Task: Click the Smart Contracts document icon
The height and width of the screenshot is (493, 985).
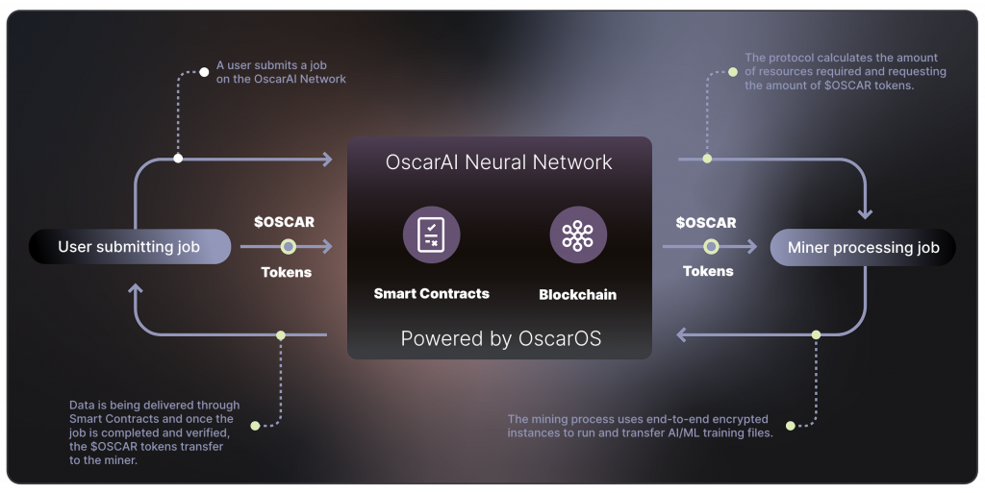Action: pyautogui.click(x=431, y=234)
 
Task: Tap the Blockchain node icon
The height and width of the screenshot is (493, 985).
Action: pyautogui.click(x=577, y=234)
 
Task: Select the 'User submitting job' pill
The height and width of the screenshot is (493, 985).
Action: pyautogui.click(x=130, y=247)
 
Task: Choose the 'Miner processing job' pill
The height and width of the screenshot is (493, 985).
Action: pyautogui.click(x=863, y=247)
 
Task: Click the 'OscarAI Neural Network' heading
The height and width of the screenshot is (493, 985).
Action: pyautogui.click(x=498, y=161)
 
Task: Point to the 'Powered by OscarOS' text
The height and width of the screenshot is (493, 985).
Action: pyautogui.click(x=500, y=338)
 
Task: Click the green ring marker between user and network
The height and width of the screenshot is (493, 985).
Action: pyautogui.click(x=287, y=247)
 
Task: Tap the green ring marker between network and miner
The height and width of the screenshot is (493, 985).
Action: pyautogui.click(x=710, y=247)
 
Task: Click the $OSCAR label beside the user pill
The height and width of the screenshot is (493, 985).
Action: pyautogui.click(x=284, y=222)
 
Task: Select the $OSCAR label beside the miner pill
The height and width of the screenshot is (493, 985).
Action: pyautogui.click(x=706, y=222)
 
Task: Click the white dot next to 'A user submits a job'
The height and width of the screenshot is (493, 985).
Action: pyautogui.click(x=204, y=72)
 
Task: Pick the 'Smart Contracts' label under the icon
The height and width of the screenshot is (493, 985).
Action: pyautogui.click(x=431, y=293)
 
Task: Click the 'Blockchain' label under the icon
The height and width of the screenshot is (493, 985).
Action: pyautogui.click(x=577, y=295)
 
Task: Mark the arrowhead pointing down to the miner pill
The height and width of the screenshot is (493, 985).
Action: pyautogui.click(x=865, y=212)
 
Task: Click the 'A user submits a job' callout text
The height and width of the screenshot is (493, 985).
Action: pyautogui.click(x=281, y=72)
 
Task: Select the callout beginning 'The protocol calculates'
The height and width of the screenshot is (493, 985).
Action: pyautogui.click(x=846, y=72)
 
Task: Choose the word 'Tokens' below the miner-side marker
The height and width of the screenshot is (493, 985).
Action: pyautogui.click(x=708, y=271)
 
